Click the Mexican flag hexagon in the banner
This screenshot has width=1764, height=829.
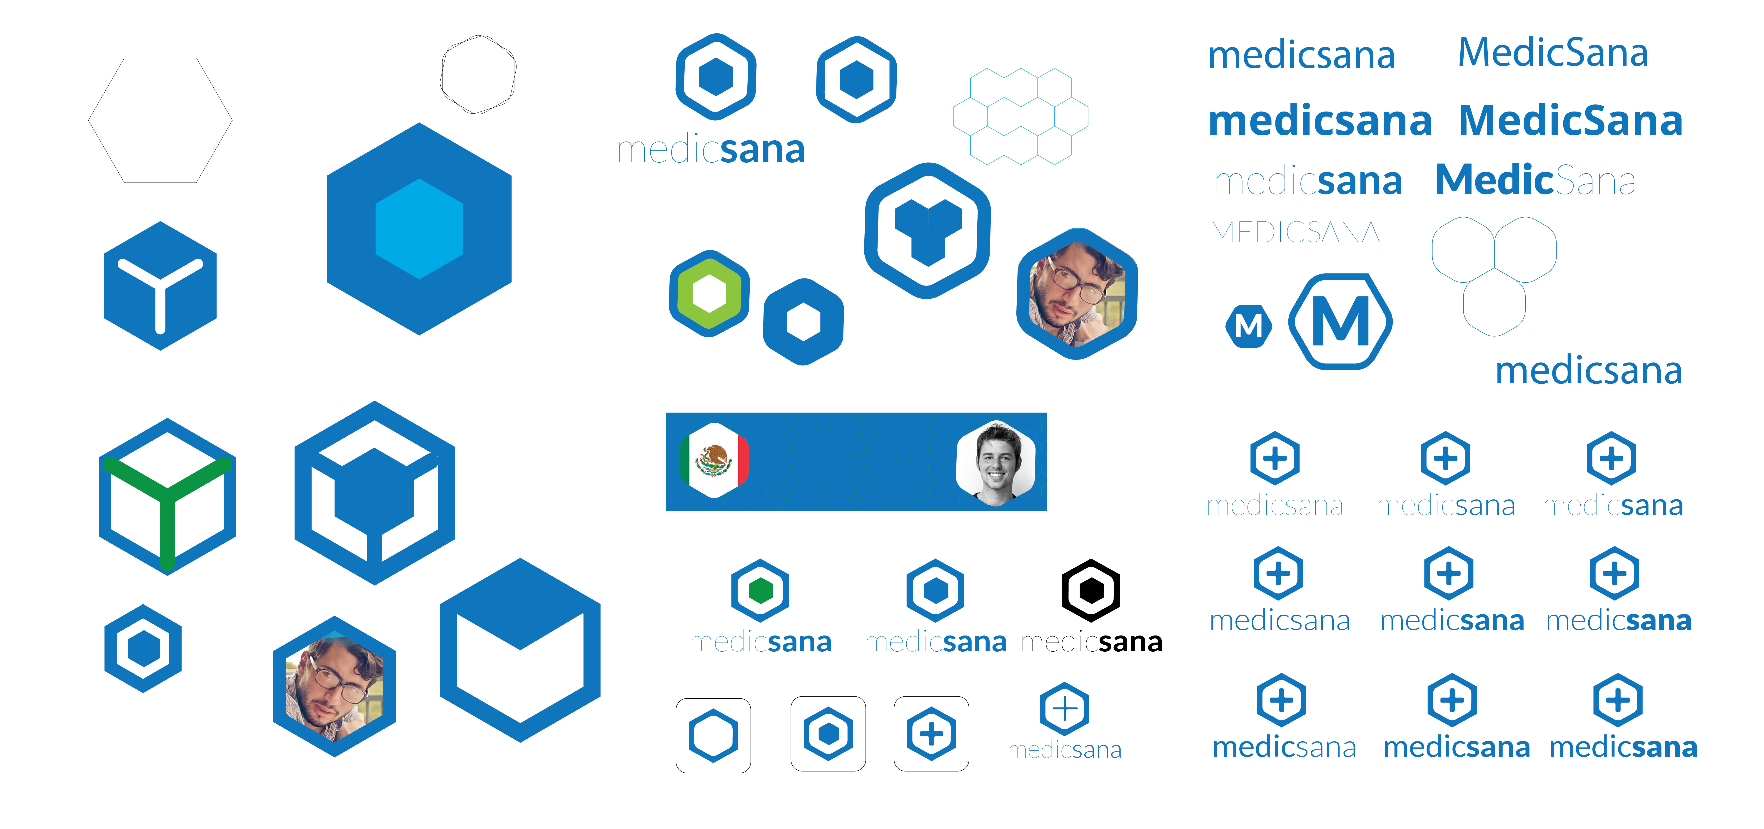click(714, 460)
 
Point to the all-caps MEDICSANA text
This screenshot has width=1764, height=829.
click(1294, 233)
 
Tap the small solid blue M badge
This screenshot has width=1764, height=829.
click(1248, 326)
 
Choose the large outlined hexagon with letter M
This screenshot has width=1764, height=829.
click(1340, 322)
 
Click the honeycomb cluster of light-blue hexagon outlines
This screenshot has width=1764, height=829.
click(1020, 116)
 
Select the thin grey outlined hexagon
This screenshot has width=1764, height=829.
click(160, 120)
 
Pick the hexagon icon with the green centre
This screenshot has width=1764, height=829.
click(760, 590)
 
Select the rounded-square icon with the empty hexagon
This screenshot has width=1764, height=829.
click(713, 735)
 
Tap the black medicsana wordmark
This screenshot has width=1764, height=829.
click(1092, 642)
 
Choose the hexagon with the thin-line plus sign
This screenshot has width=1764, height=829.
click(1064, 709)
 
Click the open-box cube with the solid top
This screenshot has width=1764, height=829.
click(520, 650)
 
